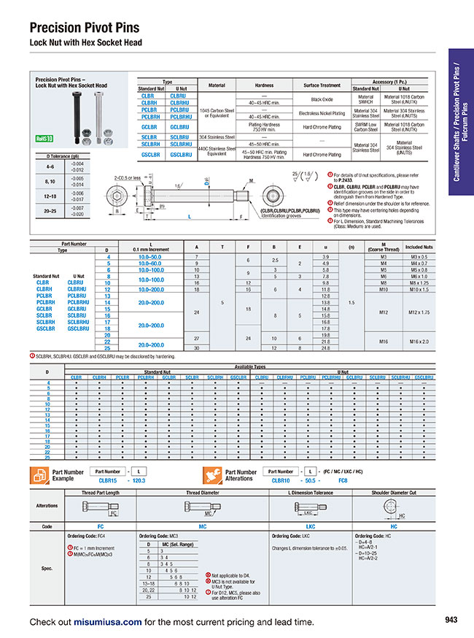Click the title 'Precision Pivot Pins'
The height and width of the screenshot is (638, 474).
pos(84,28)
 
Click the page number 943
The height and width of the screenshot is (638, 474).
pos(450,620)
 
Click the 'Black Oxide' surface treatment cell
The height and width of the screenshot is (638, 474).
pos(321,99)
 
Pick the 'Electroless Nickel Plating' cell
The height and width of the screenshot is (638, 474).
pos(321,113)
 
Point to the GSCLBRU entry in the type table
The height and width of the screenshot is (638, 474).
pos(180,154)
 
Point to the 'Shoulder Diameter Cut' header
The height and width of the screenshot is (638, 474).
pos(394,493)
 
